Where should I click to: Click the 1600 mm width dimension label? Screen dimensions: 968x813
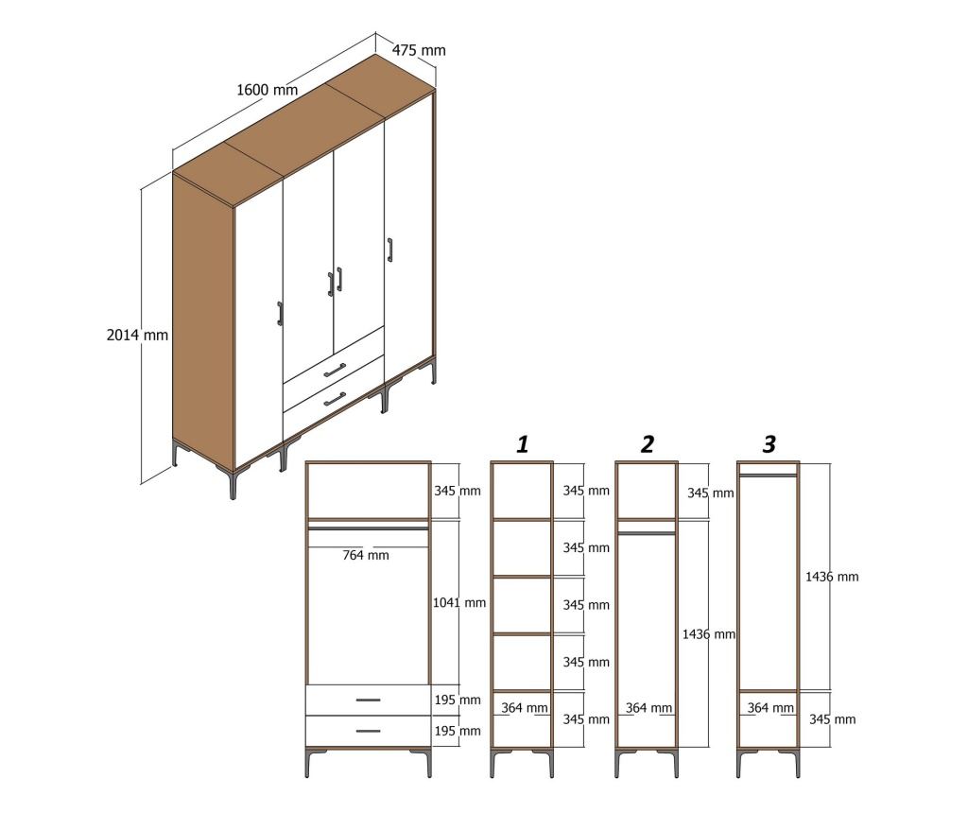(x=268, y=90)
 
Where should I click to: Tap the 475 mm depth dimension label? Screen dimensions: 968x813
(x=419, y=50)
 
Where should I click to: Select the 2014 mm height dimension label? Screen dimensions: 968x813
(x=137, y=336)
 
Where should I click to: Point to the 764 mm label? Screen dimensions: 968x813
(x=366, y=556)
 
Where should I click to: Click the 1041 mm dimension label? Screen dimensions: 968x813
(x=459, y=602)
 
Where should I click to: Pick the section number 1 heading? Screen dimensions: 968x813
(x=522, y=444)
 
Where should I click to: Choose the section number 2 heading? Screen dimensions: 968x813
(x=647, y=444)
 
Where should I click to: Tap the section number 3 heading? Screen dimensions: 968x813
(x=769, y=444)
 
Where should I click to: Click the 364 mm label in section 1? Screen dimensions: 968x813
(x=524, y=708)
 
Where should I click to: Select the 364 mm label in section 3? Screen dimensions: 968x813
(x=770, y=708)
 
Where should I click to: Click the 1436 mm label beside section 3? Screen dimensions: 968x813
(x=832, y=577)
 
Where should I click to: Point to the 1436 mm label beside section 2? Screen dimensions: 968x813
(x=709, y=634)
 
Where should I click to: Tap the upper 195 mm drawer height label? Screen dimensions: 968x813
(x=458, y=701)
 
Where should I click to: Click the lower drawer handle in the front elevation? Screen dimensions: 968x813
(x=368, y=731)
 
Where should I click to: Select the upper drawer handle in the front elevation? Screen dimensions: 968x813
(x=368, y=701)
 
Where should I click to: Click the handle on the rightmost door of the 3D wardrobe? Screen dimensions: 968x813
(x=389, y=250)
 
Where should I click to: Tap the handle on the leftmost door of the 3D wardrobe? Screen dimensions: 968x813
(x=280, y=314)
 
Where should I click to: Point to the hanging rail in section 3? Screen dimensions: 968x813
(x=768, y=476)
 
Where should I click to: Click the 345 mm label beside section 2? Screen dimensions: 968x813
(x=711, y=493)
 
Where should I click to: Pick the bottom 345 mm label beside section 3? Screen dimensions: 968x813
(x=832, y=719)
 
